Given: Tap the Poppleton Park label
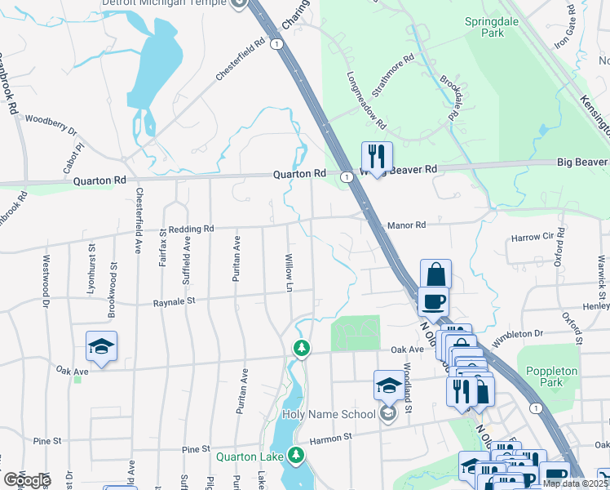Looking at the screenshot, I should pyautogui.click(x=552, y=376).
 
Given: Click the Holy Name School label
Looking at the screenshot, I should pyautogui.click(x=329, y=414).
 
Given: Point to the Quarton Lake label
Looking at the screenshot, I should pyautogui.click(x=250, y=457).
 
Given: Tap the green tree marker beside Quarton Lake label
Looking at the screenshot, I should pyautogui.click(x=300, y=455).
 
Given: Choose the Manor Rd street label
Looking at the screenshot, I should pyautogui.click(x=407, y=225).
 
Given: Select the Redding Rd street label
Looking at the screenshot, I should pyautogui.click(x=192, y=229).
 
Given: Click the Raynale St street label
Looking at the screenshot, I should pyautogui.click(x=175, y=302).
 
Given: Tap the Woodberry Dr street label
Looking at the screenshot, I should pyautogui.click(x=51, y=122).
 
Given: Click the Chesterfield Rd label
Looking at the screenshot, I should pyautogui.click(x=241, y=58).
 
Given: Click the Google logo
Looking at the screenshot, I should pyautogui.click(x=27, y=479).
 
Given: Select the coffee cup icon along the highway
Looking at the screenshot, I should pyautogui.click(x=432, y=301).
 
